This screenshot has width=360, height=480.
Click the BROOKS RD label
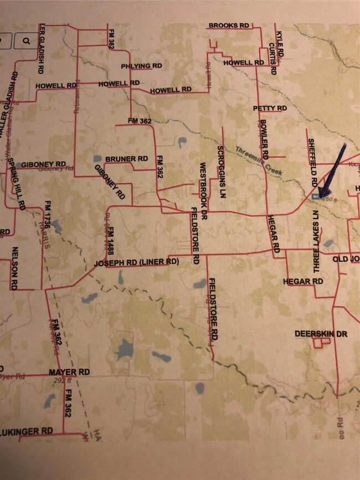[229, 25]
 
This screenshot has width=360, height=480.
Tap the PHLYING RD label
[142, 66]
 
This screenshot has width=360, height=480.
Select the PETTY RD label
[270, 108]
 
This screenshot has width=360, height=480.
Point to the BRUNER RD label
[127, 159]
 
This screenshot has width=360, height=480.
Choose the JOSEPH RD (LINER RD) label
[136, 262]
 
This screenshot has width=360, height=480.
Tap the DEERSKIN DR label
[321, 334]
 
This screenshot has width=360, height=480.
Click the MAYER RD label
[69, 371]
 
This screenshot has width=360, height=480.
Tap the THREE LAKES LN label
[317, 241]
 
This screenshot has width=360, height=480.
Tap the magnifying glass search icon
[26, 40]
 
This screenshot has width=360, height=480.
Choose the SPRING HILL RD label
[17, 183]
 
